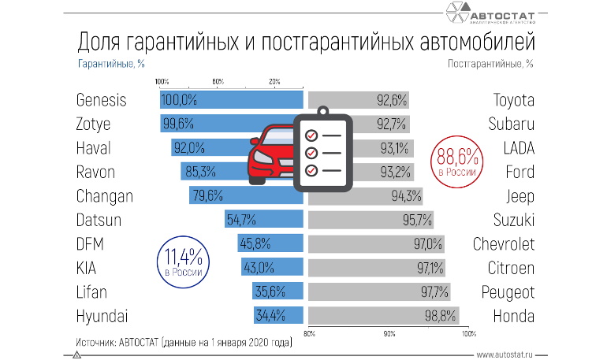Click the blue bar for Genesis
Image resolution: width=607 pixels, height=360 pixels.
(231, 100)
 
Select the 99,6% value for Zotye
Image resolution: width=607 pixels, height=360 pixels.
(178, 124)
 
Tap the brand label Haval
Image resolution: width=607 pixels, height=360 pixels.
(94, 148)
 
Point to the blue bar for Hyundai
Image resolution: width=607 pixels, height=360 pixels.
(278, 317)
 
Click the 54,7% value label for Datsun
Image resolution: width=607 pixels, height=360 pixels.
(241, 220)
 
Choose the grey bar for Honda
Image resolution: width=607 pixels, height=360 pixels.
(383, 317)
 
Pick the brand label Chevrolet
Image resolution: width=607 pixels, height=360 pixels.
(503, 244)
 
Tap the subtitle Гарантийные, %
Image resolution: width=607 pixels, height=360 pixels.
(110, 62)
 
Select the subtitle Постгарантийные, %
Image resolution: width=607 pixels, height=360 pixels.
(490, 62)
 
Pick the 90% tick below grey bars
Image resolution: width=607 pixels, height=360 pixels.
(389, 334)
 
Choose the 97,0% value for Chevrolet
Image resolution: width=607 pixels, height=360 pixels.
(429, 244)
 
